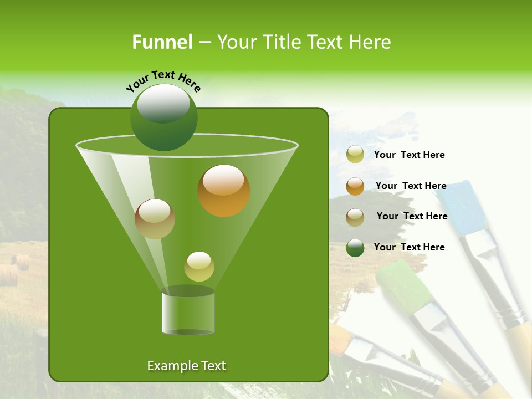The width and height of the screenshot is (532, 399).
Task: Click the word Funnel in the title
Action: point(162,42)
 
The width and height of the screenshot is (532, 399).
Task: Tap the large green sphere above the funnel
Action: point(164,117)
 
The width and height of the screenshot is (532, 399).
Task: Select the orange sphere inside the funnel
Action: point(224,191)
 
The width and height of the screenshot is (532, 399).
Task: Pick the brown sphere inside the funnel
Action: point(155,219)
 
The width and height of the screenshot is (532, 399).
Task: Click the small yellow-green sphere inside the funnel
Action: point(199,267)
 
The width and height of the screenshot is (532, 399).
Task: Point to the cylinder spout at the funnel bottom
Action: point(188,313)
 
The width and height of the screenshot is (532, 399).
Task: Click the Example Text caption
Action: point(186,366)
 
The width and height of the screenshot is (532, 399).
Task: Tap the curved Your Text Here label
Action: point(163,81)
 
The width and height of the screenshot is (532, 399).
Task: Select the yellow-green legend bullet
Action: point(355,155)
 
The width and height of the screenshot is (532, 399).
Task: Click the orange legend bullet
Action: point(355,186)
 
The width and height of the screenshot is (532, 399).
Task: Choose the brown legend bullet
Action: point(355,217)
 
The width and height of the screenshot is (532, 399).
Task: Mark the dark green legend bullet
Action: point(355,248)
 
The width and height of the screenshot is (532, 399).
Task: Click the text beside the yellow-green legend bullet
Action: point(409,155)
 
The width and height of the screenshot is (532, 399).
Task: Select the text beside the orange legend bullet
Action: point(411,186)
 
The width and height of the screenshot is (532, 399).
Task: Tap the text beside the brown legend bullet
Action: point(412,217)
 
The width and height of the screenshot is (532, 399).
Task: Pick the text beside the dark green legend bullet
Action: point(409,247)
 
